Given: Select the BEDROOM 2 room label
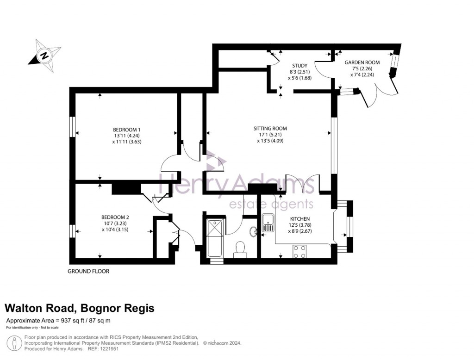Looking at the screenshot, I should point(115,217).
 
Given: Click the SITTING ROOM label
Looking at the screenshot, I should point(270,129).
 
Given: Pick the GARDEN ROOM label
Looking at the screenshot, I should point(362,62).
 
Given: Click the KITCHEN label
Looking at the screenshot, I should point(299,218).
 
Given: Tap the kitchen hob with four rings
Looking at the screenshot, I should point(299,251).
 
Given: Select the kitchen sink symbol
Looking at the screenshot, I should point(268,223).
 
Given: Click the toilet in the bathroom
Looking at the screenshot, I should point(240,249).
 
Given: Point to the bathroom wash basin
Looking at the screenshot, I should point(253,231).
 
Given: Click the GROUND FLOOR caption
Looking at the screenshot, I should point(88,271).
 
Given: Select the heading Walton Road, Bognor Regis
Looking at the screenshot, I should point(79,308).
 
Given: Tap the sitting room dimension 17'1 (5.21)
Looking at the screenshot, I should point(270,135).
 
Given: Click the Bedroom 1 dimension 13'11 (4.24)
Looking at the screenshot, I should point(126,136).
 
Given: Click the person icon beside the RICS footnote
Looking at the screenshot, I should point(16,343).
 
